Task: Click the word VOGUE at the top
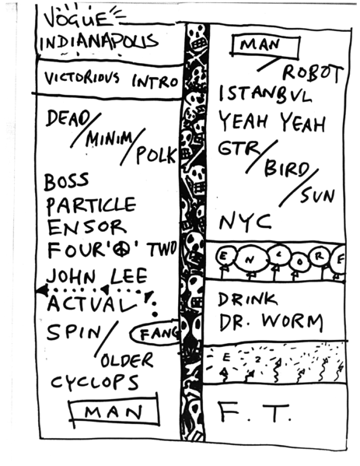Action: click(x=74, y=17)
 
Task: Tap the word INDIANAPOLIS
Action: click(x=100, y=40)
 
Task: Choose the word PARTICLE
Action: click(x=89, y=206)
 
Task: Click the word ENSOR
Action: click(x=86, y=228)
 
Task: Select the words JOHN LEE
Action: click(x=87, y=275)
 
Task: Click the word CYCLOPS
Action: click(x=95, y=383)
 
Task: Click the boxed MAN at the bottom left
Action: click(x=114, y=412)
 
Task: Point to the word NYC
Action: click(x=245, y=222)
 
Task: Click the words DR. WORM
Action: click(x=270, y=321)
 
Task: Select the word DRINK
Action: click(x=248, y=298)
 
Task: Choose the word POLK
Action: click(x=156, y=154)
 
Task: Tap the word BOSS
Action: click(x=66, y=182)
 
